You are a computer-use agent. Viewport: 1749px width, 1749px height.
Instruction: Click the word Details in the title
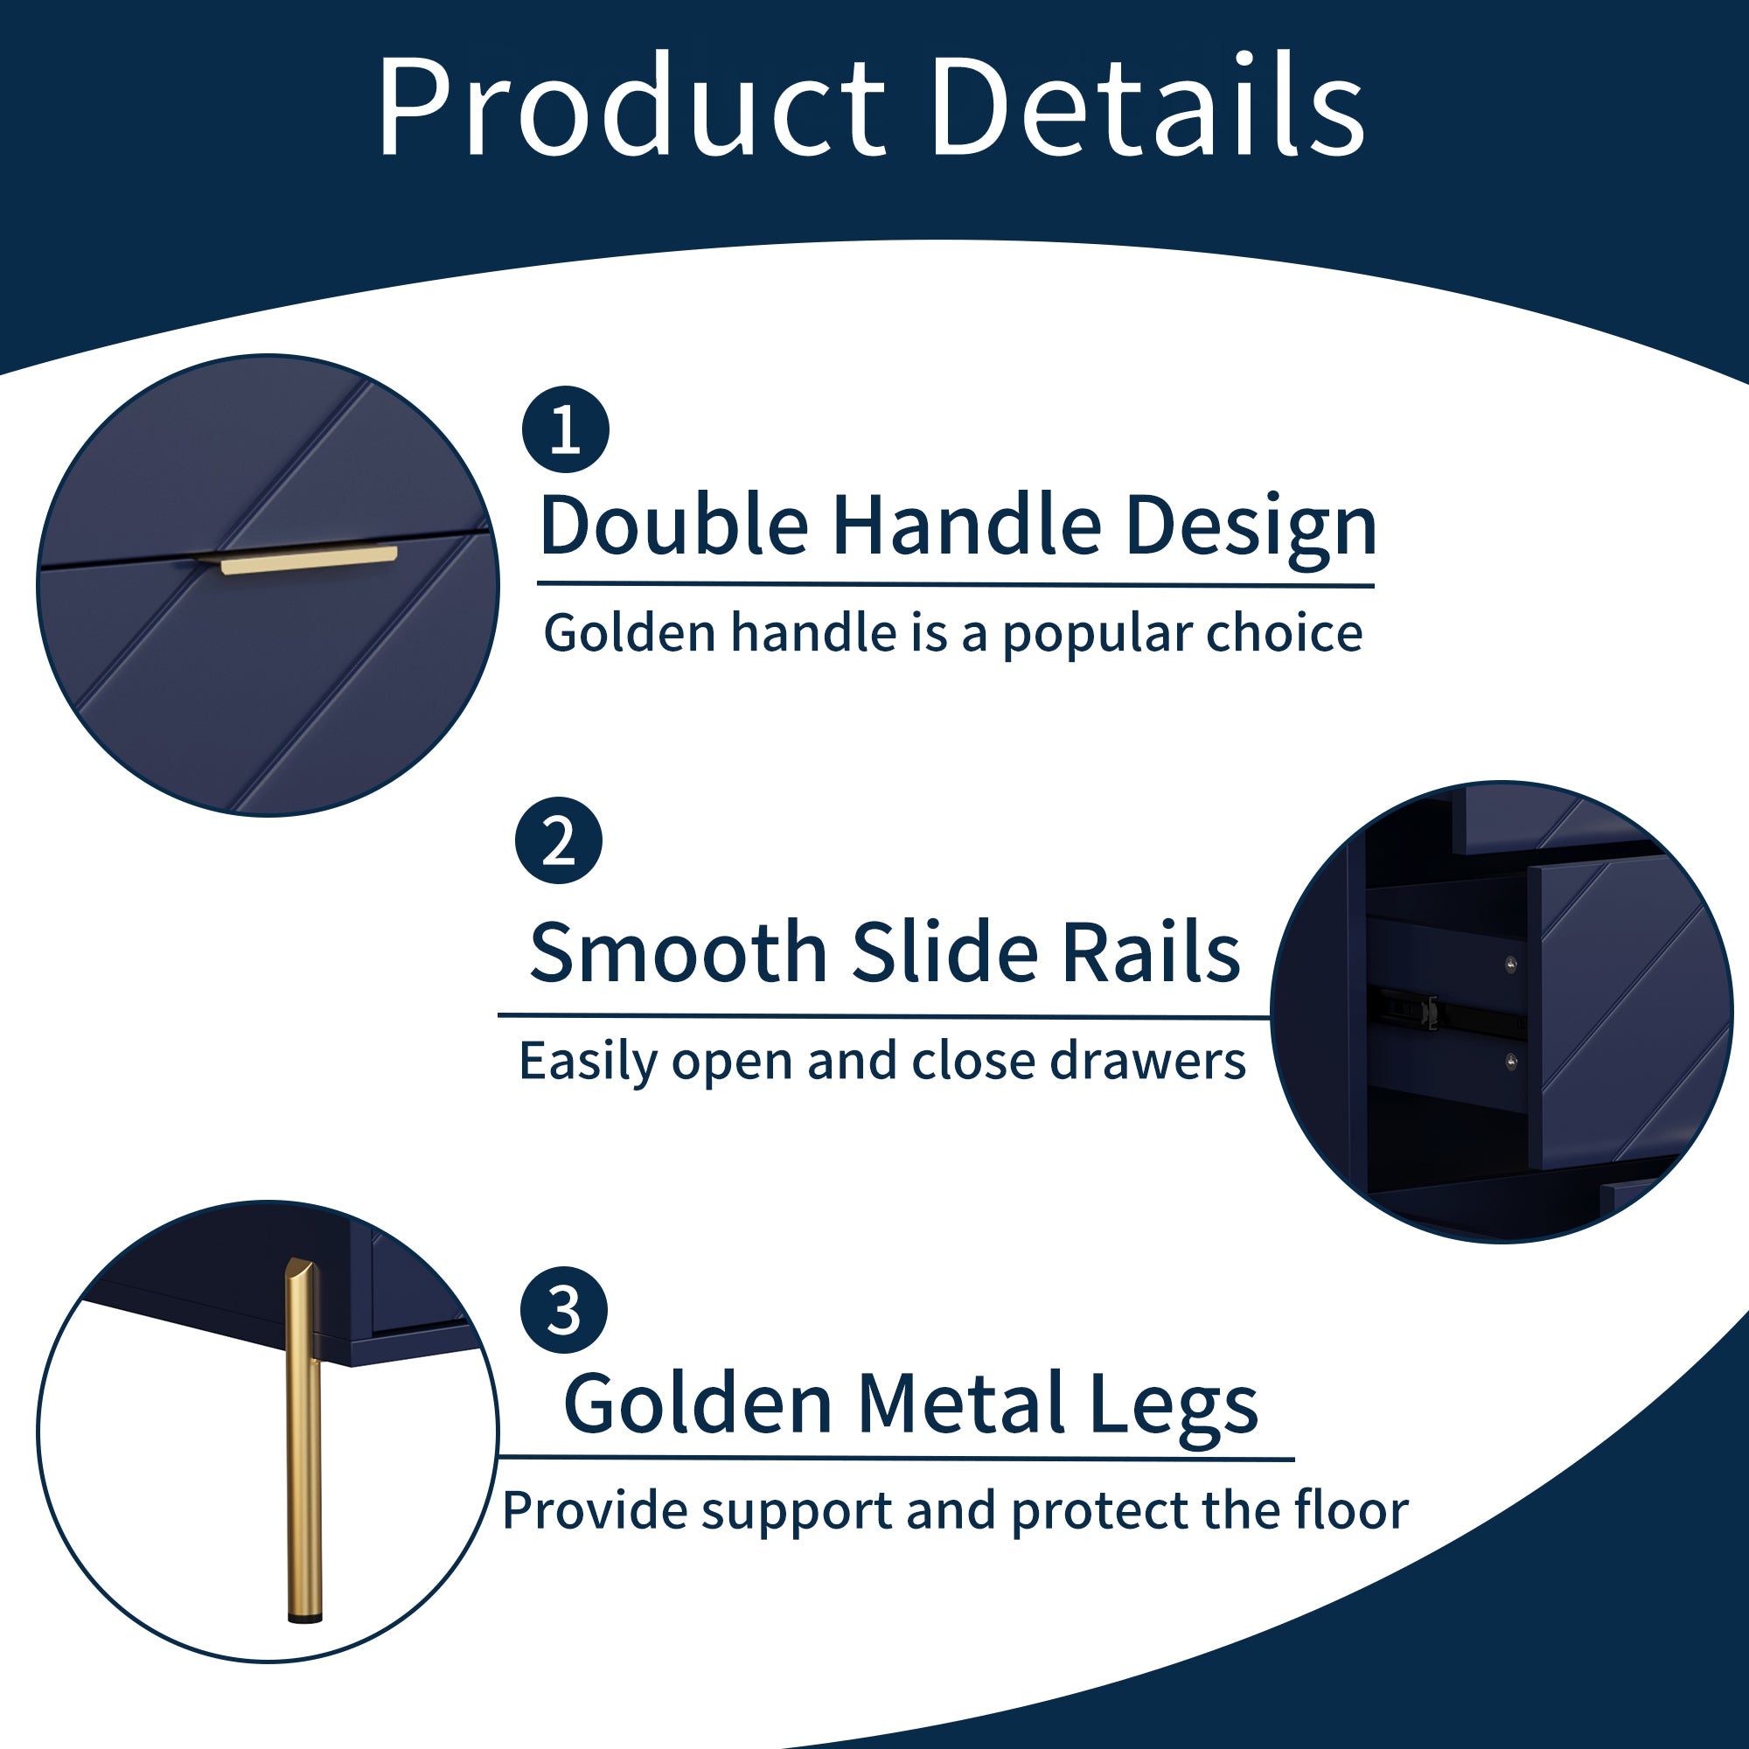click(x=1147, y=105)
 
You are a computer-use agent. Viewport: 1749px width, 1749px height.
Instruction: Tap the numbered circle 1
click(x=566, y=429)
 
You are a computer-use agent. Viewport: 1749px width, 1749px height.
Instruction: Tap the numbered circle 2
click(x=559, y=840)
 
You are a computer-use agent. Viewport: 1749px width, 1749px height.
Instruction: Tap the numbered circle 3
click(x=564, y=1310)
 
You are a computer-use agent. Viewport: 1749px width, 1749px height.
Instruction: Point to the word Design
click(x=1251, y=531)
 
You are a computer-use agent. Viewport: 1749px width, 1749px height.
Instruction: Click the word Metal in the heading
click(x=960, y=1404)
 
